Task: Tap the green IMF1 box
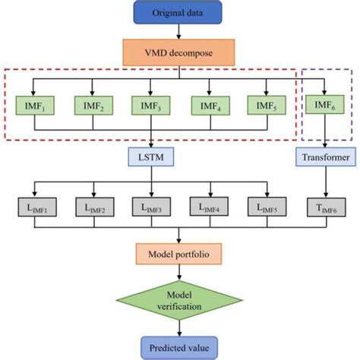pyautogui.click(x=33, y=103)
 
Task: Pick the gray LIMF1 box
pyautogui.click(x=33, y=207)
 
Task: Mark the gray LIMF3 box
pyautogui.click(x=150, y=207)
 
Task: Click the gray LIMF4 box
pyautogui.click(x=209, y=207)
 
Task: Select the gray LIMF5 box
pyautogui.click(x=267, y=207)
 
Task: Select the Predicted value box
pyautogui.click(x=179, y=345)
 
